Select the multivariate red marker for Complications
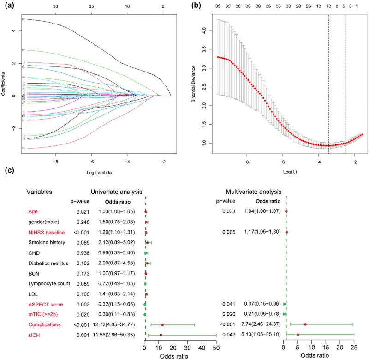click(305, 324)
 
